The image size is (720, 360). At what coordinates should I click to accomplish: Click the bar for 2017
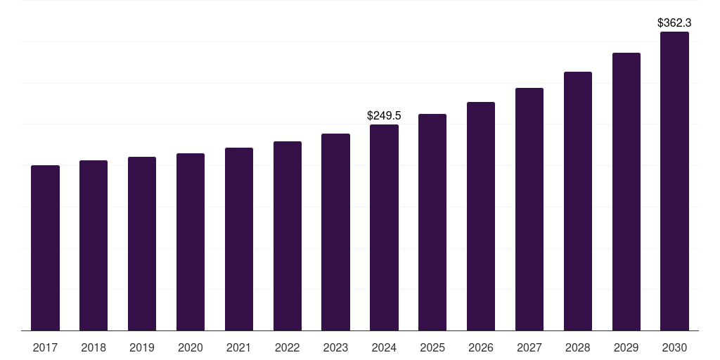tap(45, 247)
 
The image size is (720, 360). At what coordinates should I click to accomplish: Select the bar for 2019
tap(142, 243)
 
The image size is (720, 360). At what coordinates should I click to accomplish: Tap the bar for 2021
tap(239, 239)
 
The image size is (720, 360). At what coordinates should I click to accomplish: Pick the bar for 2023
tap(335, 232)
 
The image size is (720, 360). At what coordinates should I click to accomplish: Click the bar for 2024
tap(384, 227)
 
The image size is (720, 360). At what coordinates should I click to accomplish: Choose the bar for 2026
tap(481, 216)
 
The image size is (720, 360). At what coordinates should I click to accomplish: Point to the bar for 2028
tap(578, 201)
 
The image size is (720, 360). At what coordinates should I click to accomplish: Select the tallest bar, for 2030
tap(674, 181)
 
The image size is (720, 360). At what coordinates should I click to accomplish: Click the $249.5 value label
tap(384, 115)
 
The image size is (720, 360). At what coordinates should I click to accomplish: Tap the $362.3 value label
tap(674, 22)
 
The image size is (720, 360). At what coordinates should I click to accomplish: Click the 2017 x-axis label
tap(45, 347)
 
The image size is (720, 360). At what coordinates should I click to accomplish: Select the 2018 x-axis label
tap(94, 347)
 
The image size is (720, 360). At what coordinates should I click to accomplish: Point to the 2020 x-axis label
tap(191, 347)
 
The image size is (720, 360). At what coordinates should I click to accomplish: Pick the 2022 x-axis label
tap(287, 347)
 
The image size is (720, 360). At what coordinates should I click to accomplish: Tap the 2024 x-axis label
tap(384, 347)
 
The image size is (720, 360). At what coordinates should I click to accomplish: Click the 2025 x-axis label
tap(432, 347)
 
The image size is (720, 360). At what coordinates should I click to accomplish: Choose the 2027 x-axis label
tap(529, 347)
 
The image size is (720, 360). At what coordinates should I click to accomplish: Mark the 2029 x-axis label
tap(626, 347)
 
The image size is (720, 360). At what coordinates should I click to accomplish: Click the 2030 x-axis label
tap(674, 347)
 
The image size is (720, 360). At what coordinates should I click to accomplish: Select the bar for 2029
tap(626, 191)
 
